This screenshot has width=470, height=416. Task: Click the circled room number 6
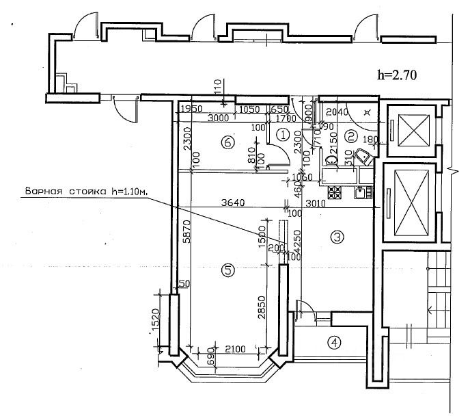[229, 142]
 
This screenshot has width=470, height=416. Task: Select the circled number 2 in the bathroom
[350, 135]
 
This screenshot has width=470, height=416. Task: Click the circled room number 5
[228, 271]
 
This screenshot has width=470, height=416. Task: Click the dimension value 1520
[156, 320]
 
